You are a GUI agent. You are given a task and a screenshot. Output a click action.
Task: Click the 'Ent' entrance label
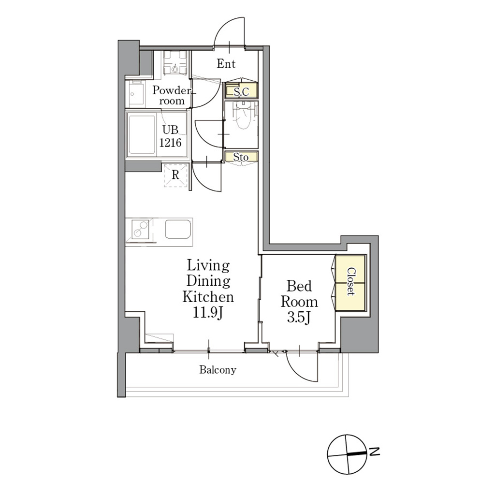click(226, 64)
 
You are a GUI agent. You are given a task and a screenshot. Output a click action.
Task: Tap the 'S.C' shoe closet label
click(242, 92)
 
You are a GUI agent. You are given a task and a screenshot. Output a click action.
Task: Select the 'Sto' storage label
click(241, 157)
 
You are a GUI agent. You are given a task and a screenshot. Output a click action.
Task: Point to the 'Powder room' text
click(172, 95)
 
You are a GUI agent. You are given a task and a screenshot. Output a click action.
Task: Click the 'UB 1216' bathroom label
click(171, 136)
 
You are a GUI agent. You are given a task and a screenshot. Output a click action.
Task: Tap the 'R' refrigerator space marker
click(175, 174)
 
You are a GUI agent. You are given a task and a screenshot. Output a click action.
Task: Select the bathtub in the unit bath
click(142, 135)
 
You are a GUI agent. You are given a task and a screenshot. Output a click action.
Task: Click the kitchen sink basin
click(178, 229)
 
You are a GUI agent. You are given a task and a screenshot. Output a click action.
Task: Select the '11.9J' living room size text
click(208, 313)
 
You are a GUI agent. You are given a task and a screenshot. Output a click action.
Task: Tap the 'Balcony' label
click(218, 370)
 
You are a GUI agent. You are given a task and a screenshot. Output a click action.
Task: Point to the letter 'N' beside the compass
click(374, 452)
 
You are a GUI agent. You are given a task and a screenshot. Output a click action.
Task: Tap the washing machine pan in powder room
click(175, 63)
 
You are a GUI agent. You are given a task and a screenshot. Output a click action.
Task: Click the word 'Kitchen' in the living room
click(208, 297)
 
